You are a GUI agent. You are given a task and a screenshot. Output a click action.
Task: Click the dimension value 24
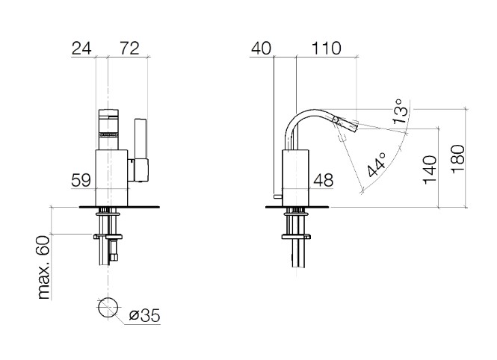(81, 49)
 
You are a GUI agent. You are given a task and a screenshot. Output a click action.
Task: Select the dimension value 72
(129, 49)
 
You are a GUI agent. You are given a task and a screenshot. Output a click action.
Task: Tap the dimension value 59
(81, 181)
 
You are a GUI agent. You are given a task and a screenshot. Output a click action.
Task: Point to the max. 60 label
(44, 267)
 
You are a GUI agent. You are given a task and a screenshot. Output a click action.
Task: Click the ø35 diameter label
(144, 316)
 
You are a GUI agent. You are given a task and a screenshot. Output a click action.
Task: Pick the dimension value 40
(261, 49)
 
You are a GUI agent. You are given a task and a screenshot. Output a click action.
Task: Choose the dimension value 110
(326, 49)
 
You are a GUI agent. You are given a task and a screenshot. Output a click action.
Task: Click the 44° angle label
(377, 164)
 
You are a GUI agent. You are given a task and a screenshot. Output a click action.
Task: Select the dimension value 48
(324, 181)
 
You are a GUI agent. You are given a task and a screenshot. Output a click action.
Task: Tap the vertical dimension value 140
(430, 170)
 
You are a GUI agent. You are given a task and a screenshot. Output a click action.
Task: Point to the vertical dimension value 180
(458, 159)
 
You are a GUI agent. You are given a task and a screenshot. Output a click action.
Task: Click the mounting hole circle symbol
(108, 307)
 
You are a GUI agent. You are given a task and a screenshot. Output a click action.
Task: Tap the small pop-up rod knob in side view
(278, 196)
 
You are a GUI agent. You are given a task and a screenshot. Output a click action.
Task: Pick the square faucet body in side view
(295, 178)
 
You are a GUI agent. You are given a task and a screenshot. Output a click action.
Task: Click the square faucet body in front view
(111, 178)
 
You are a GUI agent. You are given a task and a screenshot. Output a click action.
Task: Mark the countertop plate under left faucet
(119, 208)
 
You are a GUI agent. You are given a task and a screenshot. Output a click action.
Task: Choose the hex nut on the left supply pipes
(114, 236)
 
